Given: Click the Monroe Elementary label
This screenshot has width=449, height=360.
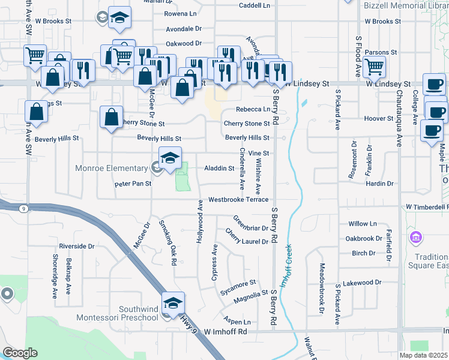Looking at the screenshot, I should click(112, 169).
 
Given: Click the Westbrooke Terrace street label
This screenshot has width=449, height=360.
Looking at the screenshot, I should click(238, 200).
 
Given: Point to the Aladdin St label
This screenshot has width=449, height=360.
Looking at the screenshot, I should click(219, 169).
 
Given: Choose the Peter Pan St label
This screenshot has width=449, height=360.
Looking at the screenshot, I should click(133, 185).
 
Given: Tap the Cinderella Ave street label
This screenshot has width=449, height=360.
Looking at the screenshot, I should click(243, 166).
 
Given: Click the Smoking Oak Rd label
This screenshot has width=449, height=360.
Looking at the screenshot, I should click(167, 242).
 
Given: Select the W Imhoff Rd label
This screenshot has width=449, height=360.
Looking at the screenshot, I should click(226, 331).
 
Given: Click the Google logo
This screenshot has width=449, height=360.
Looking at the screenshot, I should click(20, 353).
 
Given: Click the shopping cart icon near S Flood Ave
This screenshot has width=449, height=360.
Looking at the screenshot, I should click(374, 66).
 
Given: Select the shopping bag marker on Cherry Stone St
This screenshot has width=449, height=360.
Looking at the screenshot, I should click(112, 116).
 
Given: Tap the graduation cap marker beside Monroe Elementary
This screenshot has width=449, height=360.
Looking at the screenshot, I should click(170, 158).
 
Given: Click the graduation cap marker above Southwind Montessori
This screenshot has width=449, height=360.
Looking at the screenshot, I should click(173, 302).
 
